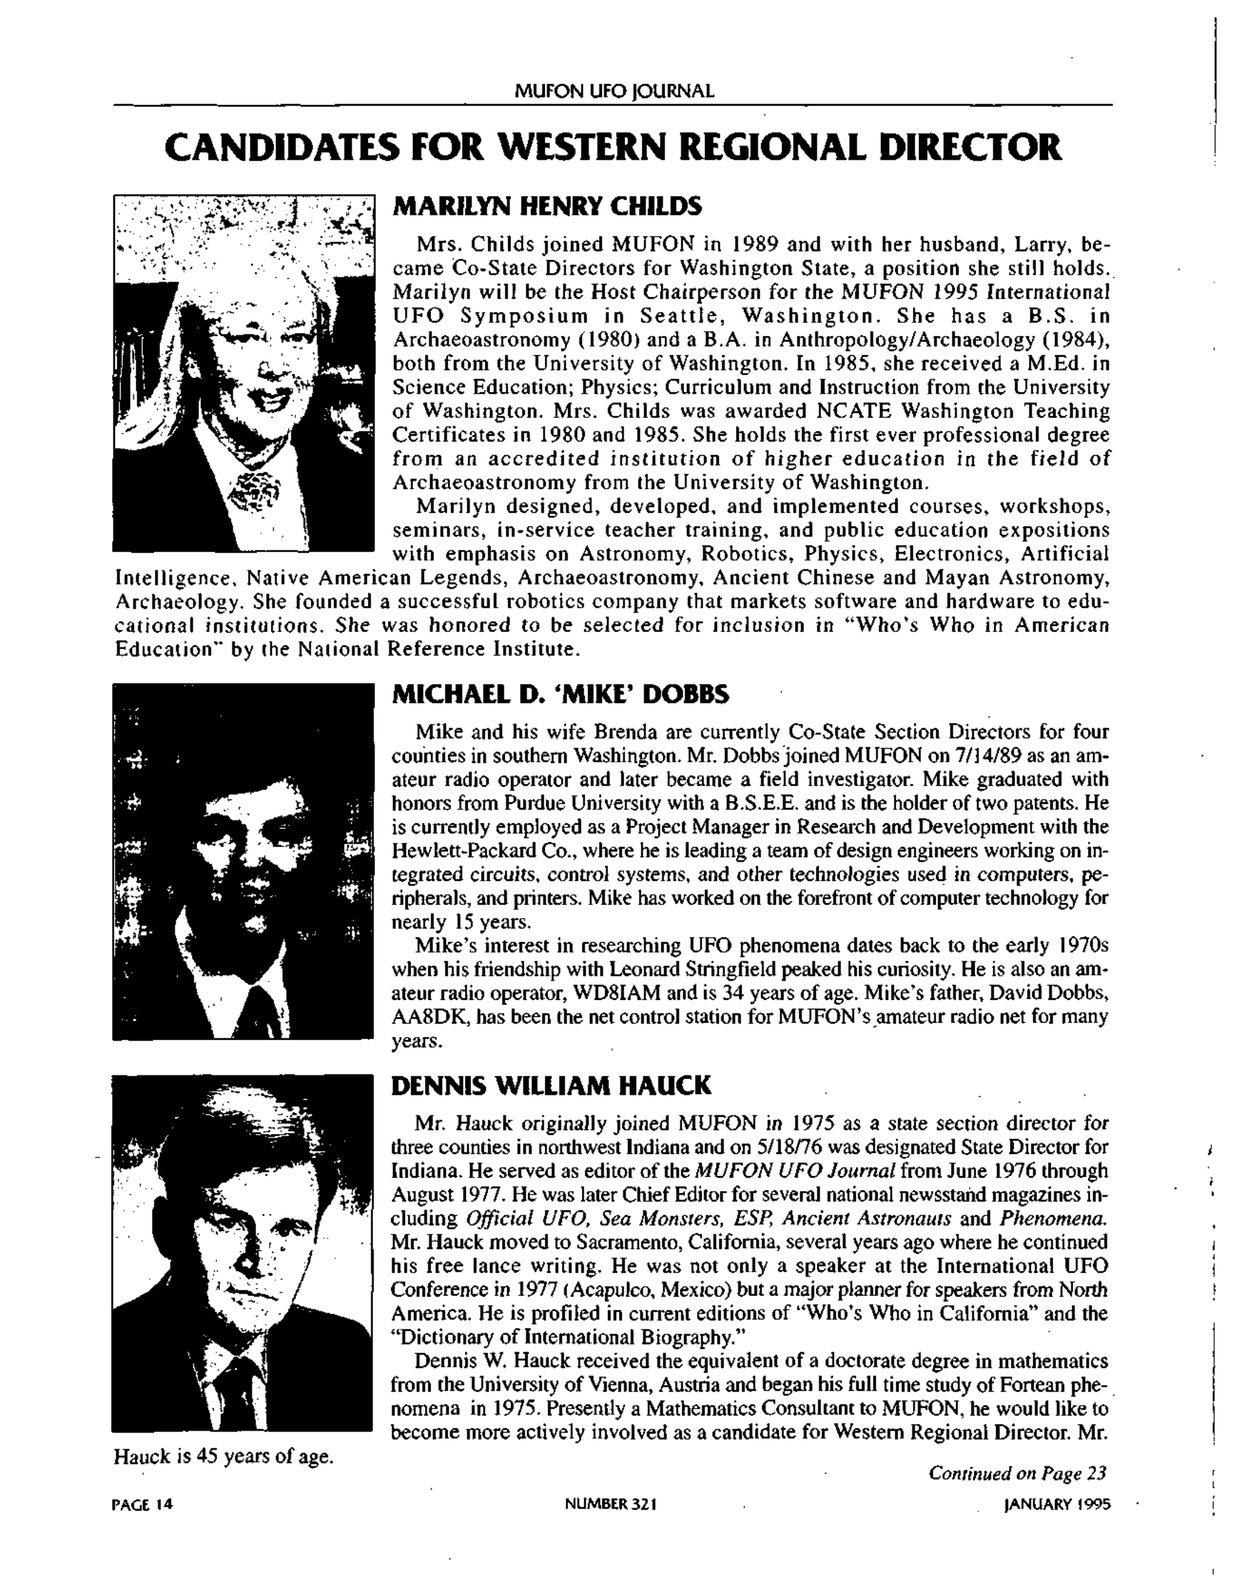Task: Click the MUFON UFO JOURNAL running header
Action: [614, 92]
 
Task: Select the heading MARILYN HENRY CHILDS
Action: [547, 207]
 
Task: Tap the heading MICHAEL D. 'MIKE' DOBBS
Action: [560, 695]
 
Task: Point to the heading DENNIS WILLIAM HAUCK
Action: [551, 1086]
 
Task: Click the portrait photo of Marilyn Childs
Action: [243, 372]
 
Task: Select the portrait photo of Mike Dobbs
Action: [243, 861]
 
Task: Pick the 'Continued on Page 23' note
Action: [1017, 1473]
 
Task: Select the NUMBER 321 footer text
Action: [611, 1505]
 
